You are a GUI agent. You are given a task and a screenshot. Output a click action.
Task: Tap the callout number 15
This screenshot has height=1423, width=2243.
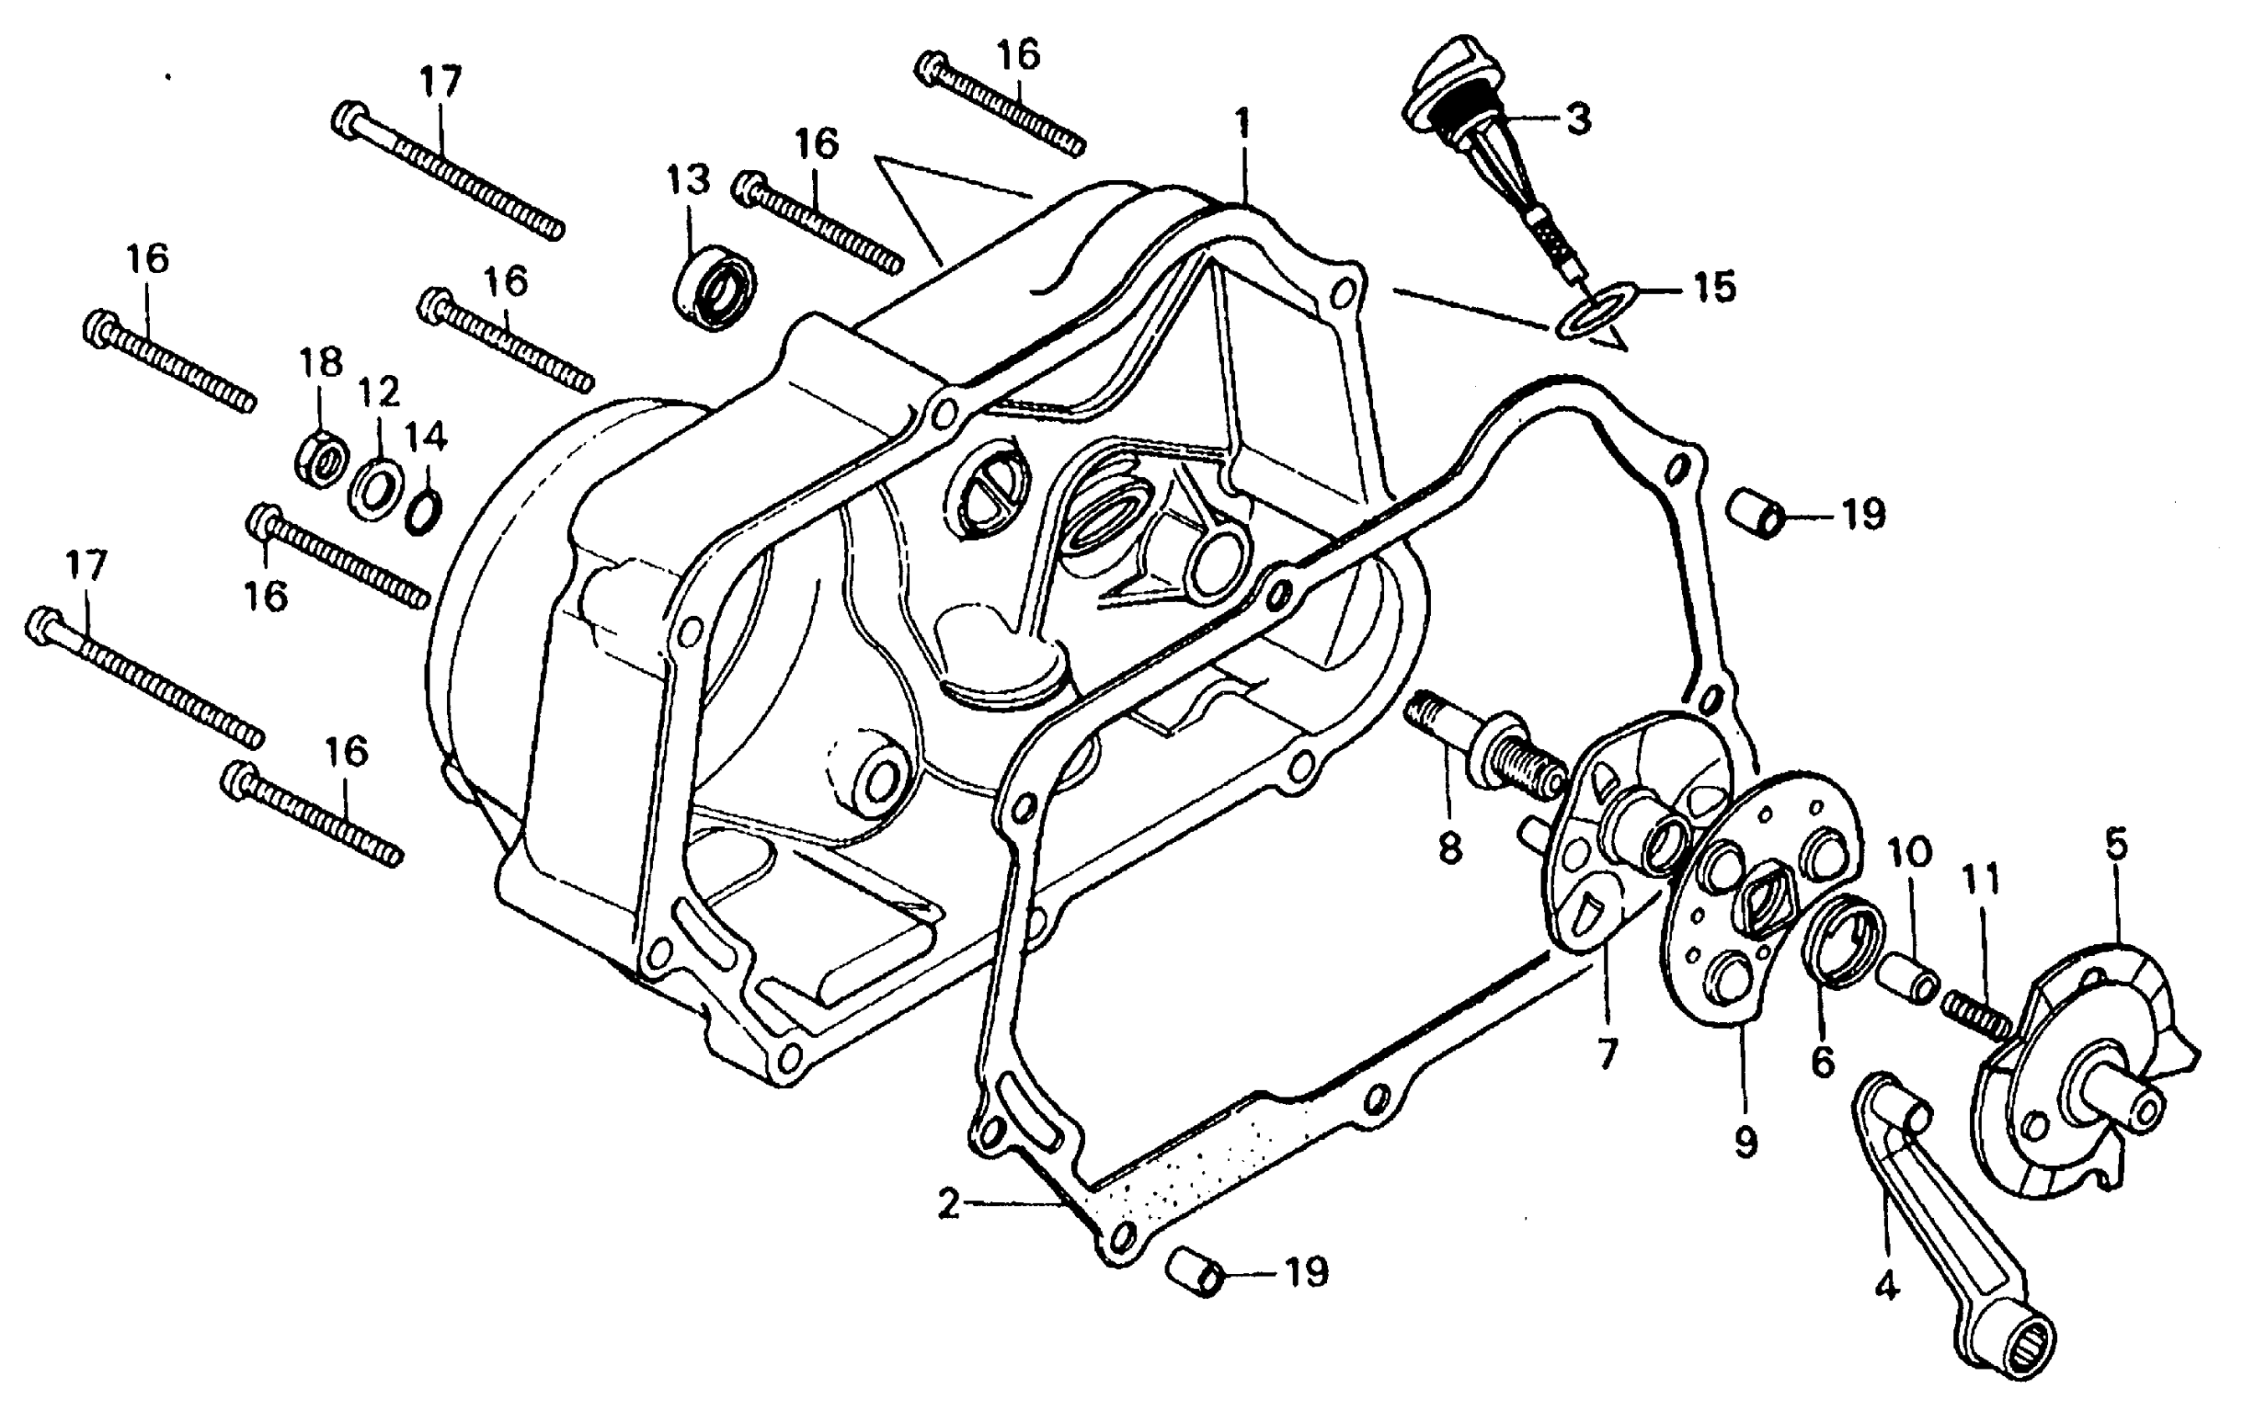point(1714,287)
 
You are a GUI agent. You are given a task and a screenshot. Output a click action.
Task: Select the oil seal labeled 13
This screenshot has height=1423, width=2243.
point(714,287)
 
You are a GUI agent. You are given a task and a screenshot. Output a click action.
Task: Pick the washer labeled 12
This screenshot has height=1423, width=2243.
point(375,485)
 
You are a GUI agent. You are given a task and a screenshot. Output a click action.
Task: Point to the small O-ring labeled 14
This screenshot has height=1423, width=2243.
point(424,511)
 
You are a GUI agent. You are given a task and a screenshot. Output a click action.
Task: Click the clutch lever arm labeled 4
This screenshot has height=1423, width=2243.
point(1937,1220)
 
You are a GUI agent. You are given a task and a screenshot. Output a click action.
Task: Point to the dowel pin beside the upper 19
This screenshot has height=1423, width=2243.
point(1756,513)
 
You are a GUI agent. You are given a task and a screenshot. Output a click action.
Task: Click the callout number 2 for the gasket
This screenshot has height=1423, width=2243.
point(949,1205)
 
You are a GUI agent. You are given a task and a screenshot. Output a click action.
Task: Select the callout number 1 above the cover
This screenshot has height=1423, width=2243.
point(1242,122)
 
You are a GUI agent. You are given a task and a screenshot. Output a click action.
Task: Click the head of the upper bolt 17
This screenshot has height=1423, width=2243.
point(348,118)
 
